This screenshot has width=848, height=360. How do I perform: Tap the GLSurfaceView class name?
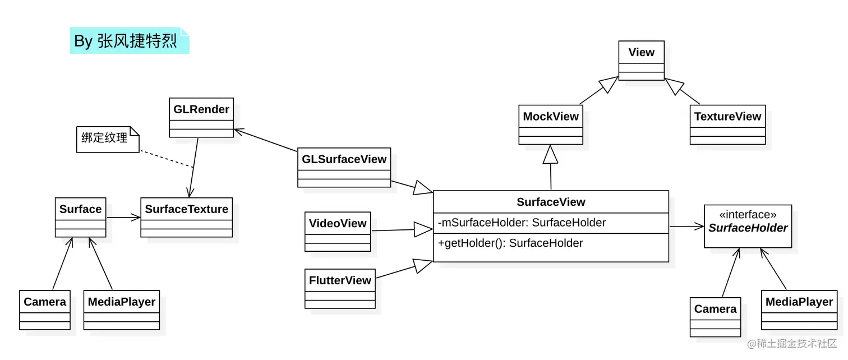coord(344,159)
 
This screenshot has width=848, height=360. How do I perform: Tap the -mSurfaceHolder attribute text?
coord(522,223)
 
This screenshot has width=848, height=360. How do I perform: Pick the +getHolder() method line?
coord(510,243)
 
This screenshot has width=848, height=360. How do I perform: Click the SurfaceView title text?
coord(551,202)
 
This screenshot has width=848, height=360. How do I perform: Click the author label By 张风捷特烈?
coord(129,40)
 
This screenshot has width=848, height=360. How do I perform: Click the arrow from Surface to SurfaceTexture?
coord(123,217)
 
